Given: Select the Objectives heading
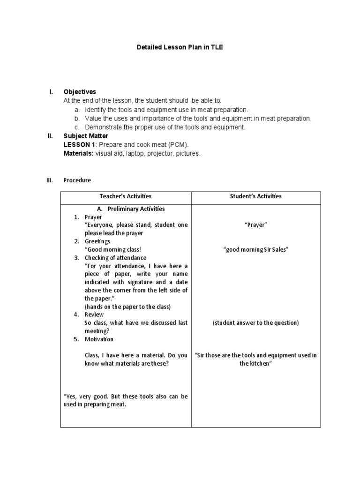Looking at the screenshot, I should tap(80, 92).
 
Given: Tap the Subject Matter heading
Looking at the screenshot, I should tap(86, 136).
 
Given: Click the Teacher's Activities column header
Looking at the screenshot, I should tap(126, 196).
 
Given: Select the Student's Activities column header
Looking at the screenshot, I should tap(255, 196).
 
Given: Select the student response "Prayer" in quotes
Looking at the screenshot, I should tap(255, 225).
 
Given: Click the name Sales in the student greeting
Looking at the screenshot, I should tap(279, 250).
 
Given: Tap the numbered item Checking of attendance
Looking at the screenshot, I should tap(115, 258).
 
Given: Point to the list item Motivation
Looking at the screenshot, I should tap(99, 339).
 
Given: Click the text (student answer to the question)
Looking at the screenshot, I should tap(255, 323).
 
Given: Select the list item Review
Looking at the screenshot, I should tap(94, 315).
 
